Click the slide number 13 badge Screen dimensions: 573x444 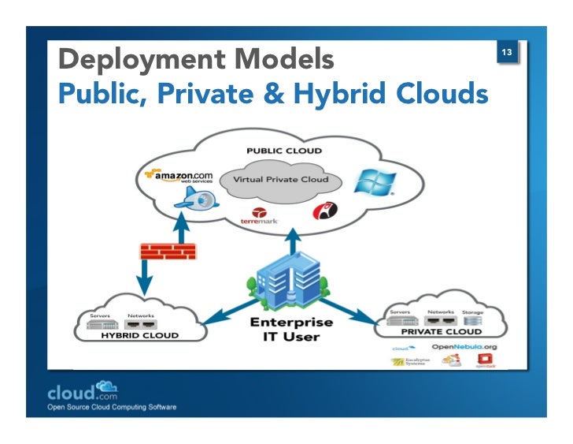[507, 53]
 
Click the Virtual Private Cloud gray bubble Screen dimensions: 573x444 [280, 180]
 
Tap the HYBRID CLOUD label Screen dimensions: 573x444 [140, 335]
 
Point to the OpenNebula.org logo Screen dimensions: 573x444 [464, 347]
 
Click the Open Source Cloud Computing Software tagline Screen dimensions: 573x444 [113, 408]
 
